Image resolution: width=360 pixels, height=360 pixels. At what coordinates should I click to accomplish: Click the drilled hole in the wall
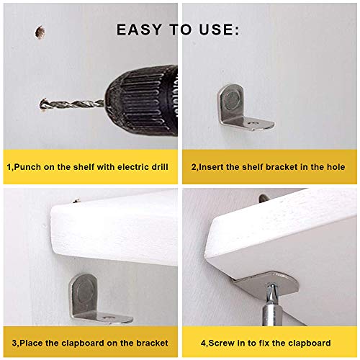37,32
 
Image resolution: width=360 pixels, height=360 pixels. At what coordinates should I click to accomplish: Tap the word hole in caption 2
334,167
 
